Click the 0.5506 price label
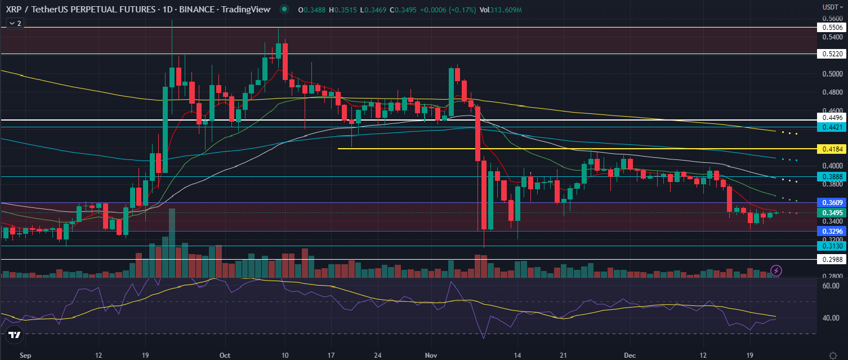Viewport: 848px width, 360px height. tap(832, 27)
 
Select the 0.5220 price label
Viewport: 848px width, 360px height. tap(832, 54)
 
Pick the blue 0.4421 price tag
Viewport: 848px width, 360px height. tap(832, 127)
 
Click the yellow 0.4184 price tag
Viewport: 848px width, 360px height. tap(832, 149)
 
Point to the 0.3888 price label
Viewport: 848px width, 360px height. tap(832, 176)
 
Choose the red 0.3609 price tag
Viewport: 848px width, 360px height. tap(832, 202)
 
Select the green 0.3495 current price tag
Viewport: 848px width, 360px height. tap(832, 212)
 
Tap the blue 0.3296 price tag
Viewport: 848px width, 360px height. tap(832, 231)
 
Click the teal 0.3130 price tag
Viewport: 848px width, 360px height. tap(832, 246)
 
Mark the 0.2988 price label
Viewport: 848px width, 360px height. tap(832, 259)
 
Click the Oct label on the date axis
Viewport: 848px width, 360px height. tap(225, 355)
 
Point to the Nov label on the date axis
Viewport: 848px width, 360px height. tap(431, 355)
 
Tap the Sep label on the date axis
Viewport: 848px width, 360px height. tap(25, 355)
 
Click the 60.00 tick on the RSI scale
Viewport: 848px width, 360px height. tap(831, 286)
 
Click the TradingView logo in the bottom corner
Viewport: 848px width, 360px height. tap(14, 335)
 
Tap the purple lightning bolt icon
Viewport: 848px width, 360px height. tap(776, 270)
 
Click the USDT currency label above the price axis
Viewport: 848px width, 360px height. tap(830, 7)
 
